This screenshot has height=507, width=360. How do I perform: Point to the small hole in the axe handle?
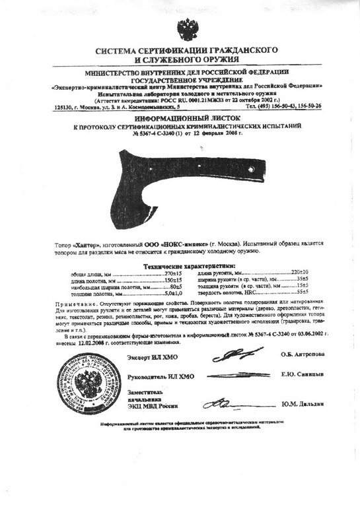[254, 171]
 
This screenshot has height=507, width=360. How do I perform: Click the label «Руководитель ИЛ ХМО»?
[162, 376]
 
